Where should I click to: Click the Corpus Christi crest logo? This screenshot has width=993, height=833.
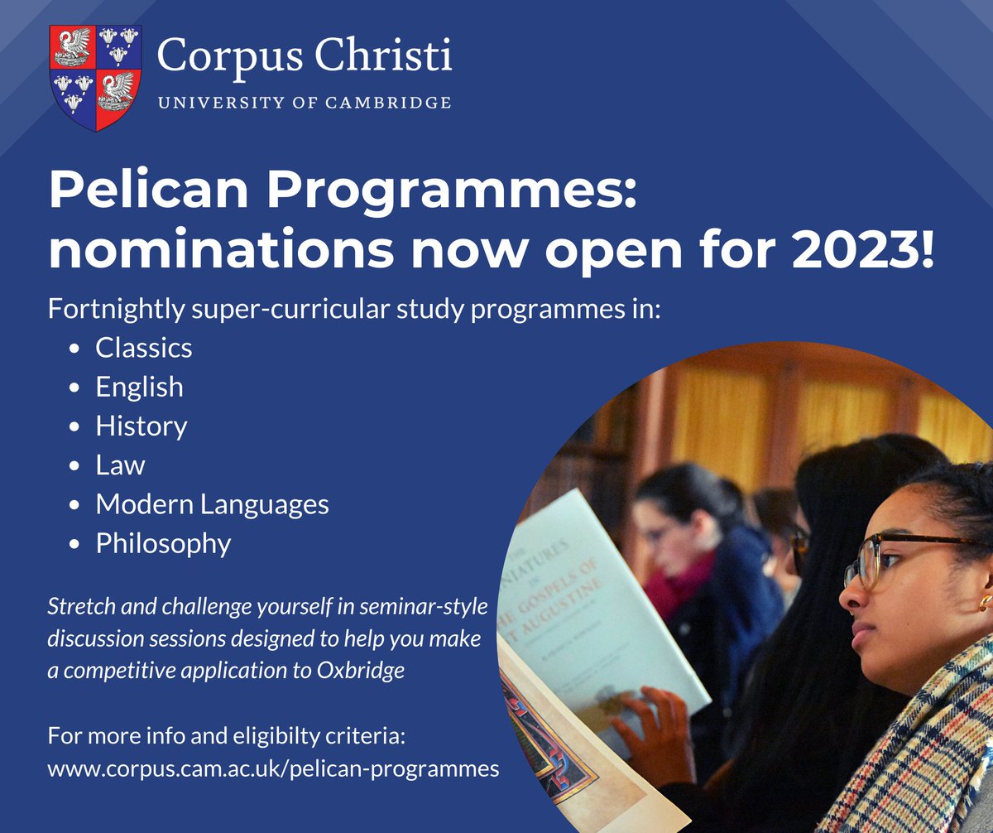[x=96, y=78]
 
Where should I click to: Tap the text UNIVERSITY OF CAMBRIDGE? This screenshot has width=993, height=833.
[x=304, y=104]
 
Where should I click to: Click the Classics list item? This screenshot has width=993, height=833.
[x=143, y=348]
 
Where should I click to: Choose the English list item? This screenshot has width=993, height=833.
[x=139, y=387]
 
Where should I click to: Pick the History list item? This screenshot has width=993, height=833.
[x=141, y=426]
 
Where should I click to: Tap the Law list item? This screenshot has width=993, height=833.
[x=120, y=465]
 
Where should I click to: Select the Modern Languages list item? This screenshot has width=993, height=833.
[x=212, y=504]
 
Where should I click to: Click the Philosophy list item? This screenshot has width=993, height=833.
[x=163, y=544]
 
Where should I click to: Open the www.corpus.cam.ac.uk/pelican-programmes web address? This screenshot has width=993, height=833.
[x=273, y=768]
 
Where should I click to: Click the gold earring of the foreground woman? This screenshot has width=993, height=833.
[x=985, y=601]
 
